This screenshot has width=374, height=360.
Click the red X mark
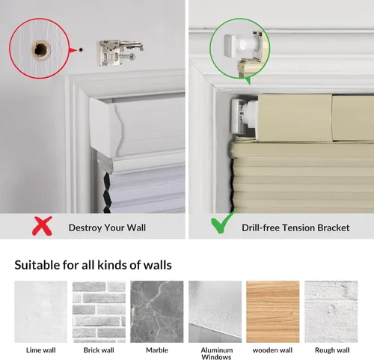42,226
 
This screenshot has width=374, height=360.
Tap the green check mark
223,222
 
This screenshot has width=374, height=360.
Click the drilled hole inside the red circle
40,49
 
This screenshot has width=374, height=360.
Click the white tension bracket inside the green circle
239,45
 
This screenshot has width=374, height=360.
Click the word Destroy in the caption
85,228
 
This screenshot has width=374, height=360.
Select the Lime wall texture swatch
41,311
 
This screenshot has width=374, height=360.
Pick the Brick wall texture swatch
99,311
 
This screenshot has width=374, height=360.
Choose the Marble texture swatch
157,311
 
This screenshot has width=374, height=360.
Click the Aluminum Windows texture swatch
215,311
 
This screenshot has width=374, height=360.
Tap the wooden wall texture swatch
273,311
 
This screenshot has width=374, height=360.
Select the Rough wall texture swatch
331,311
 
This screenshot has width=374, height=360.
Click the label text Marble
157,350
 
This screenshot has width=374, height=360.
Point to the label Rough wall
332,350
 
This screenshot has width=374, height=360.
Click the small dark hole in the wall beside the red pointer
81,49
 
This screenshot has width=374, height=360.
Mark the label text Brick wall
99,350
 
